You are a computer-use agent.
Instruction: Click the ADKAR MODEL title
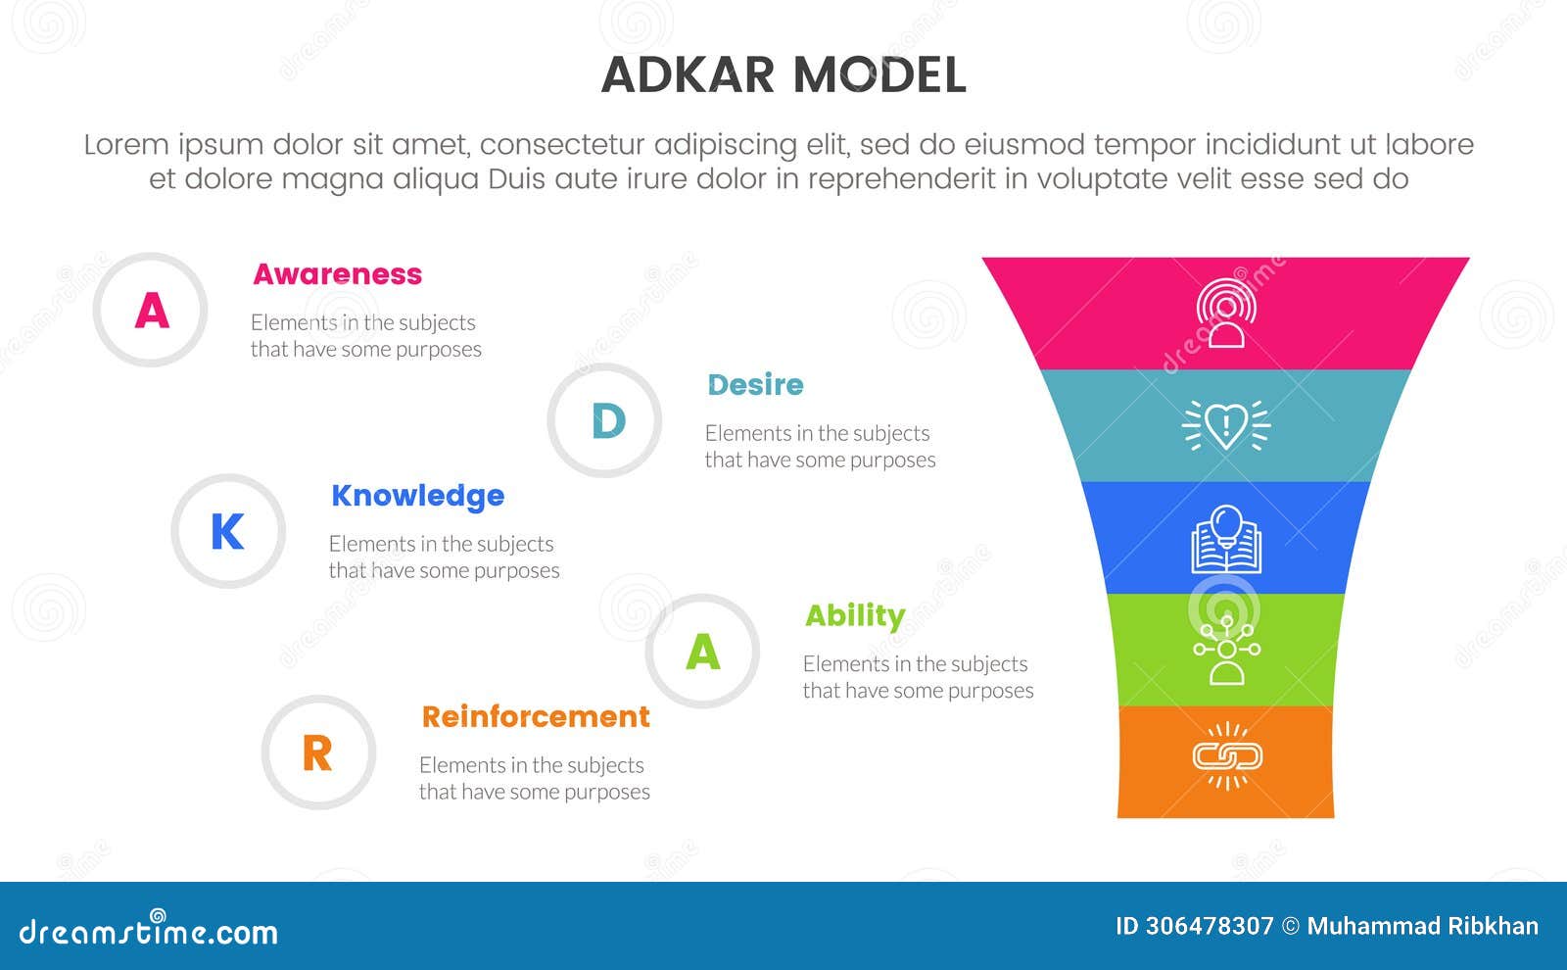point(783,75)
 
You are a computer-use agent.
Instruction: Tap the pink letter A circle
point(151,311)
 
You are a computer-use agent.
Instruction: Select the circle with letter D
point(605,421)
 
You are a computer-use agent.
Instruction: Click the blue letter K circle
point(228,532)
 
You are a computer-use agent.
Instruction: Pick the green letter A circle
point(702,652)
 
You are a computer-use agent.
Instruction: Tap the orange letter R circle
point(317,753)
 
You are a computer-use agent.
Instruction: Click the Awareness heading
point(337,274)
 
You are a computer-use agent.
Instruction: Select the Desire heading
point(755,385)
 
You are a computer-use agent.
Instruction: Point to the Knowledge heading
point(417,496)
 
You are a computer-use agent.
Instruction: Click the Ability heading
point(854,615)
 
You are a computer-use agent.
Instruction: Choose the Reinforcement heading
point(535,717)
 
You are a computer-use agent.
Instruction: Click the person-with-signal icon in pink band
point(1226,314)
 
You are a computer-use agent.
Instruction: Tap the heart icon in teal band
point(1226,425)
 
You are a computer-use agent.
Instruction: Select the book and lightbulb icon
point(1226,539)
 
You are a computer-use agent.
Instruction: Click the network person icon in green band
point(1226,650)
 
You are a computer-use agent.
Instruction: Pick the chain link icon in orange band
point(1226,755)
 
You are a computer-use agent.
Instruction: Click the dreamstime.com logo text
point(149,931)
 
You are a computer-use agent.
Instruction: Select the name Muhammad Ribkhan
point(1422,926)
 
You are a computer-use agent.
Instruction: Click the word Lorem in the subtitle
point(126,145)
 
